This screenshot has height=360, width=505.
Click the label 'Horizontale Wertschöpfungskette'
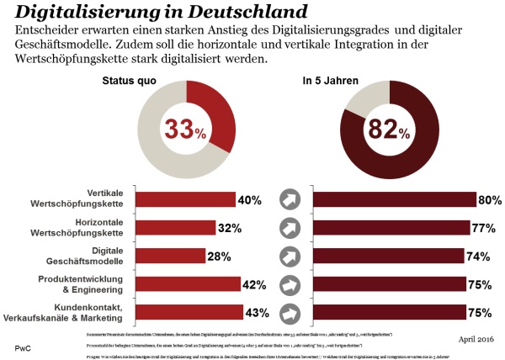click(82, 227)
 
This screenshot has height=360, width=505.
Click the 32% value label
click(228, 228)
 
